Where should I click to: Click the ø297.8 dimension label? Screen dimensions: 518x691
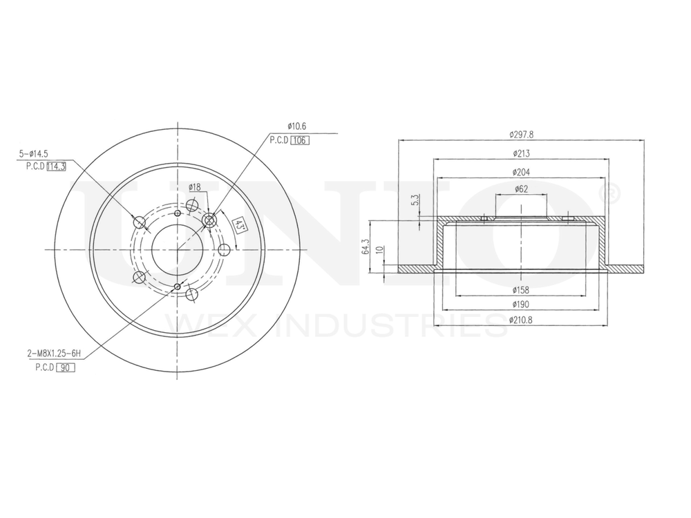coord(522,134)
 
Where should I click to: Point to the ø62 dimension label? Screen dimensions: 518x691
coord(522,189)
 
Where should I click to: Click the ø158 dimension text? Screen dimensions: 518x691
coord(521,290)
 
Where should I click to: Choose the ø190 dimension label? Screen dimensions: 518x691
coord(521,304)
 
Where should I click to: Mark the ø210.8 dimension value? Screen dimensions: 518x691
coord(522,320)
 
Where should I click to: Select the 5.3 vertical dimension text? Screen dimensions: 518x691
coord(413,200)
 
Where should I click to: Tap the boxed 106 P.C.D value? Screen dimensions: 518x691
coord(299,140)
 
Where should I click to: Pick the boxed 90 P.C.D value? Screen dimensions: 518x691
coord(66,368)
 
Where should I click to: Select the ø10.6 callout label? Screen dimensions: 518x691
coord(296,126)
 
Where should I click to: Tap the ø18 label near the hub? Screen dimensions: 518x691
coord(194,187)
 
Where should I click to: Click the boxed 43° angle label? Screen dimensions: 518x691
coord(237,225)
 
